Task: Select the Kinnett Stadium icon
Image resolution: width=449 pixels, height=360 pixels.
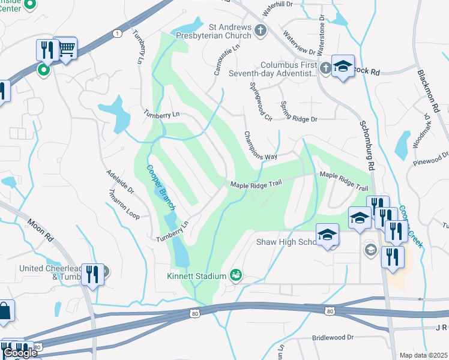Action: click(236, 275)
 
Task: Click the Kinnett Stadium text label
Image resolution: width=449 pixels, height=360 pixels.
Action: click(197, 276)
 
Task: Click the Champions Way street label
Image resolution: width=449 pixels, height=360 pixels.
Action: click(260, 146)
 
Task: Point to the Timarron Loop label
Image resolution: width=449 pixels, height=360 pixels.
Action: click(122, 207)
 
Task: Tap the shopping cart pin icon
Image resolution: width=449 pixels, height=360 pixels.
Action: click(66, 47)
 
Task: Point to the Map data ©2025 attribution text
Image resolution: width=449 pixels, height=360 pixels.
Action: click(423, 355)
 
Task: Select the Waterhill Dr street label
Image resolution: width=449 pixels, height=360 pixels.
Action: click(276, 4)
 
